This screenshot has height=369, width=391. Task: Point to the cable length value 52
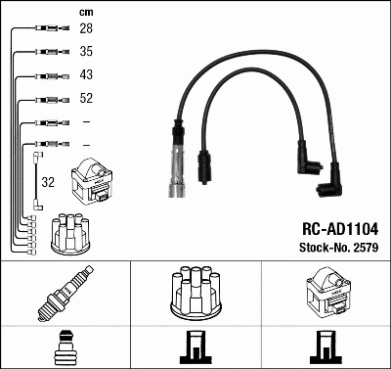point(85,98)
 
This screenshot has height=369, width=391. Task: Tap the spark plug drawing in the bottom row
point(65,294)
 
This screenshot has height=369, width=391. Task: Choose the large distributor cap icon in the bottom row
point(195,291)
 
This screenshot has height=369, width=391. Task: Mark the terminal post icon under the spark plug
point(65,346)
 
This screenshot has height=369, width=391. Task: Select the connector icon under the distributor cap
point(195,346)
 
